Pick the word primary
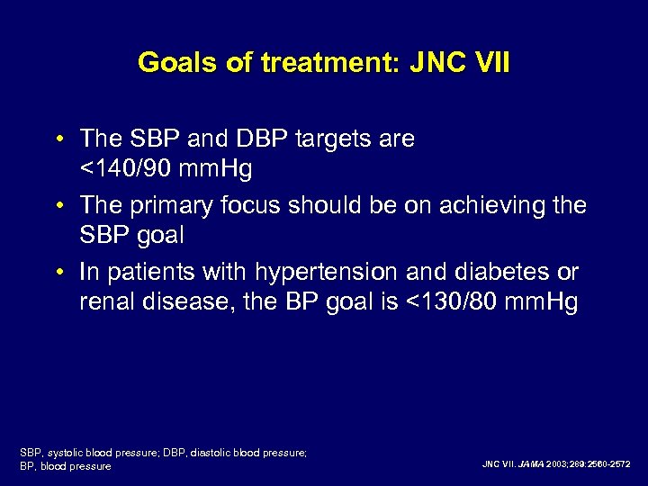pyautogui.click(x=175, y=205)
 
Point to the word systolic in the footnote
pyautogui.click(x=68, y=453)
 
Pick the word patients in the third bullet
pyautogui.click(x=143, y=272)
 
